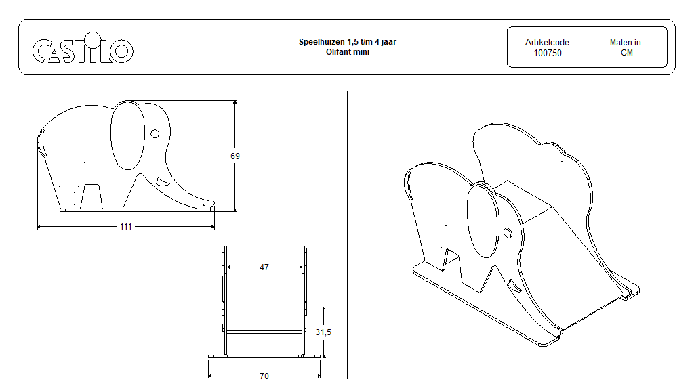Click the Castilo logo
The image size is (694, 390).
[x=82, y=48]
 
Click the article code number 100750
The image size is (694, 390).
[x=548, y=53]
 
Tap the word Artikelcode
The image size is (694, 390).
[x=548, y=43]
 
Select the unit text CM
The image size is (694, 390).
[x=626, y=53]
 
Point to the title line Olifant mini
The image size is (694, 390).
[x=348, y=51]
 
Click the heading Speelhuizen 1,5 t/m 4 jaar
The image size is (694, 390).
[x=348, y=41]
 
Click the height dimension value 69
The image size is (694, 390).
[x=235, y=156]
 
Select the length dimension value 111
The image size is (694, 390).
[x=125, y=226]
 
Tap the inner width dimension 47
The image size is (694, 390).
[x=264, y=267]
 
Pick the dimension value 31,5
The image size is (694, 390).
[x=323, y=332]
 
